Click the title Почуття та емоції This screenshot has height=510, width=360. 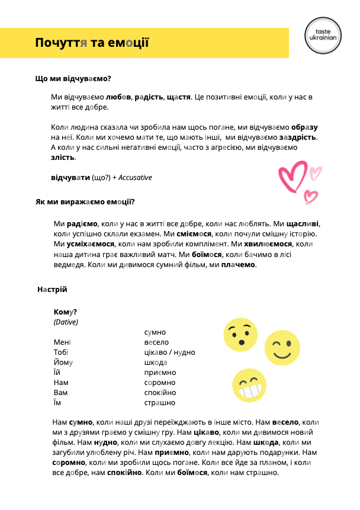(92, 43)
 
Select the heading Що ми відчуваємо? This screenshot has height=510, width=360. (73, 78)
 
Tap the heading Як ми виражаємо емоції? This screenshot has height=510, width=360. (85, 202)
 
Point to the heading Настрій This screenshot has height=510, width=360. (52, 290)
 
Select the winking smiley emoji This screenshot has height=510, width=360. (280, 346)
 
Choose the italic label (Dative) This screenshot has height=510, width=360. (66, 322)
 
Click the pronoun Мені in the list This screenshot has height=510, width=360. (62, 342)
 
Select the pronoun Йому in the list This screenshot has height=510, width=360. (63, 363)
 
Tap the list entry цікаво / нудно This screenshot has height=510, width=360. (169, 352)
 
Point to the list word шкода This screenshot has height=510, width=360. (156, 363)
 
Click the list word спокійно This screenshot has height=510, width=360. (160, 393)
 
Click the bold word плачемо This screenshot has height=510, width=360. (239, 265)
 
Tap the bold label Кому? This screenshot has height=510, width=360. (65, 312)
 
